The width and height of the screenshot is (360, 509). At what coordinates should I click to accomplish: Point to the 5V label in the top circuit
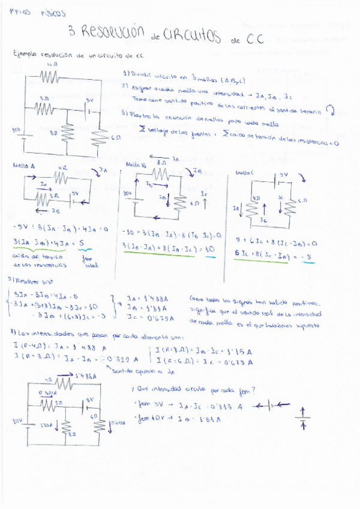[x=89, y=100]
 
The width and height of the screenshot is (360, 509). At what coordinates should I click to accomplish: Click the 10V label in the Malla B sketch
[x=127, y=193]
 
